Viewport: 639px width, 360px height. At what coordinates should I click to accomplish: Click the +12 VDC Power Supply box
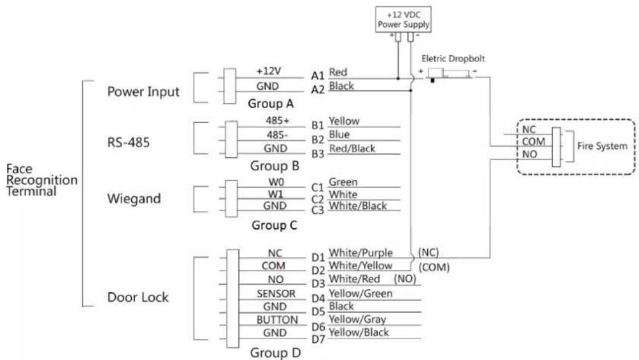403,19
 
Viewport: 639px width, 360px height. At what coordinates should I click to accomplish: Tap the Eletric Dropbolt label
453,59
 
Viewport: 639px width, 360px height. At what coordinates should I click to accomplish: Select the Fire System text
602,146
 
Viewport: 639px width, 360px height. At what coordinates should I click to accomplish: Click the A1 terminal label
317,75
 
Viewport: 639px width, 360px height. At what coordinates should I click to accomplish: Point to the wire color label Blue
339,135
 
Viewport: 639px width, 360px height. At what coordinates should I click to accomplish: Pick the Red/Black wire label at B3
352,148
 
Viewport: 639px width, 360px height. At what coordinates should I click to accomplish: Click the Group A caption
271,104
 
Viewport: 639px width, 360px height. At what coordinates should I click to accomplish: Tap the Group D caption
276,353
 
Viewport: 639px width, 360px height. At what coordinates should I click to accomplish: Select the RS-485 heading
128,142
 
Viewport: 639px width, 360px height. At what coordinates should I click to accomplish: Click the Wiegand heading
134,199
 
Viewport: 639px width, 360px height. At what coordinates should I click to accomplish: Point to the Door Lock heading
137,297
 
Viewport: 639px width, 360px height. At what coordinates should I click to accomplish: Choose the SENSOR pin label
276,294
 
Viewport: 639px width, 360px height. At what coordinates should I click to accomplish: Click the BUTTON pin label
277,320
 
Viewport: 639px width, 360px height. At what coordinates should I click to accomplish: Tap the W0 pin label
276,182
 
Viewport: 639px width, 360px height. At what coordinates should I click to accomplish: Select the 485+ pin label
277,121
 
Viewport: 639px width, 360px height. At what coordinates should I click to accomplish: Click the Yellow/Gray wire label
357,319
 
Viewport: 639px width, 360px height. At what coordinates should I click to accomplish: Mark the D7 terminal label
318,339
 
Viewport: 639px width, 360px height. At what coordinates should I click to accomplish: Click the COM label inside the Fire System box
533,142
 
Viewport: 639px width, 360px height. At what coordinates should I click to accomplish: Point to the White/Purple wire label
361,253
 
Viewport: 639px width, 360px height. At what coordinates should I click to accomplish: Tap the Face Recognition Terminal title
42,180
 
